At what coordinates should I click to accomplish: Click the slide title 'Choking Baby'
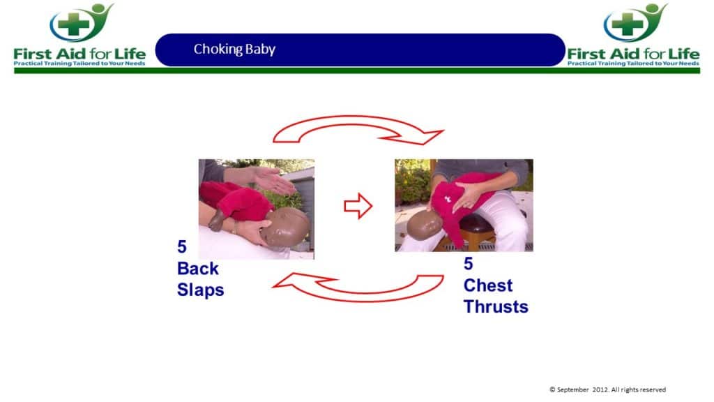click(x=234, y=49)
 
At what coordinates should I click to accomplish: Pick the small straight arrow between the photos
click(x=358, y=207)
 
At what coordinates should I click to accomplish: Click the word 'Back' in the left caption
click(x=197, y=269)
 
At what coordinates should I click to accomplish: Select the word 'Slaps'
click(x=200, y=290)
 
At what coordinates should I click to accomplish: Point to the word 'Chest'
click(x=487, y=285)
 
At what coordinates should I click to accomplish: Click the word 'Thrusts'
click(x=495, y=306)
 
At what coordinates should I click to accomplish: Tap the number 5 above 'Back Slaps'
click(x=183, y=248)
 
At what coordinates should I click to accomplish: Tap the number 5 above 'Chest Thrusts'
click(x=469, y=265)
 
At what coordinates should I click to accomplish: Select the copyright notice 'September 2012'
click(x=607, y=389)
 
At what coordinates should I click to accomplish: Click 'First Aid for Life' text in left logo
click(x=79, y=53)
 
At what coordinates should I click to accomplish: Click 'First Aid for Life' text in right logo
click(x=633, y=53)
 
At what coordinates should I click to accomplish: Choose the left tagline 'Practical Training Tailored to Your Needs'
click(x=79, y=64)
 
